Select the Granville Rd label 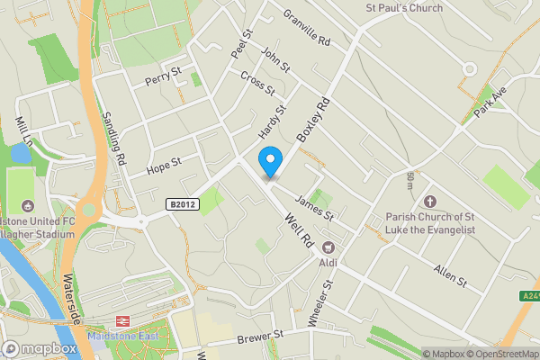click(x=307, y=29)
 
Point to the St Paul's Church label click(x=403, y=8)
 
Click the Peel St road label click(x=239, y=46)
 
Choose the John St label click(x=274, y=61)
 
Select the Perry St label click(x=165, y=76)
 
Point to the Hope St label click(x=164, y=166)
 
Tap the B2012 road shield click(x=181, y=205)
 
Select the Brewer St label click(x=259, y=337)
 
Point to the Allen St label click(x=450, y=276)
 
